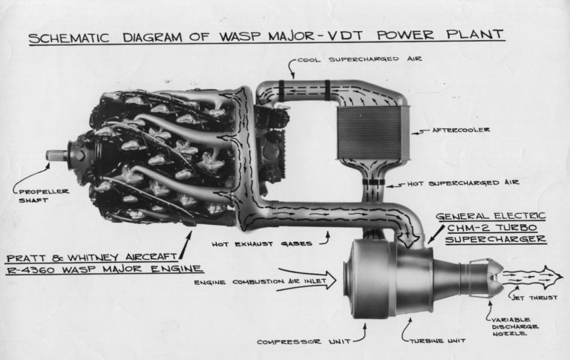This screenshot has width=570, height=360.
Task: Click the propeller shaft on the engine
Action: point(57,154)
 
